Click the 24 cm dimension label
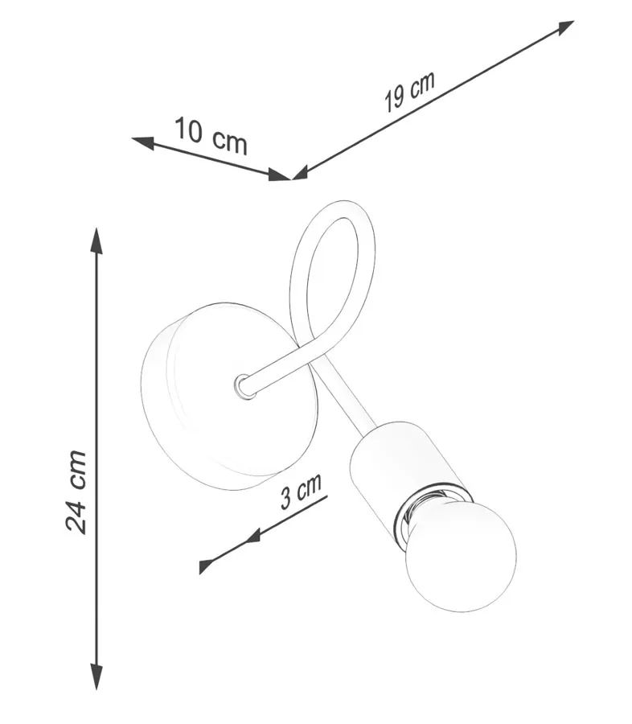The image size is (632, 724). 76,492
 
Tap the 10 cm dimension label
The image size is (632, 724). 211,135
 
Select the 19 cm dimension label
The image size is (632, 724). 409,92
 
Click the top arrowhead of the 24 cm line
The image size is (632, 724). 96,241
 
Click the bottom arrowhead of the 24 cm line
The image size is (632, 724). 96,677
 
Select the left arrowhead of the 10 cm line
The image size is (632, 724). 143,142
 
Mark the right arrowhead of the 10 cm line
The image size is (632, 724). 280,175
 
